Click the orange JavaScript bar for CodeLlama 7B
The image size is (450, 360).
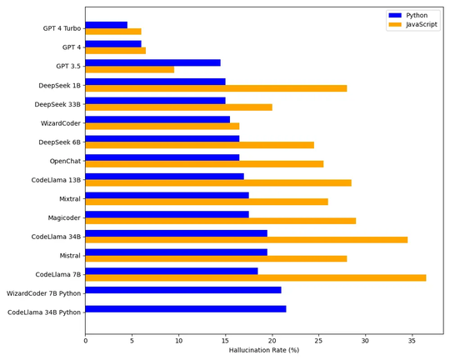click(x=255, y=277)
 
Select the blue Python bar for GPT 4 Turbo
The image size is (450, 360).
click(x=106, y=25)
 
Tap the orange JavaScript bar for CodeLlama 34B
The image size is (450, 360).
click(x=246, y=240)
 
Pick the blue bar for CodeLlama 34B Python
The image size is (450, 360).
click(x=185, y=309)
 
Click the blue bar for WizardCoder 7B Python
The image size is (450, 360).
click(x=182, y=290)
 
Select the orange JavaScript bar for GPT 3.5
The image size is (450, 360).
click(x=129, y=69)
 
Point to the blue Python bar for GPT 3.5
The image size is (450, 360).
click(x=152, y=62)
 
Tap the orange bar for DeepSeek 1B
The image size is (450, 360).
click(x=216, y=88)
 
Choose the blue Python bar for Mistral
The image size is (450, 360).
click(x=176, y=252)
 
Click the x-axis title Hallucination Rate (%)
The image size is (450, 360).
click(x=263, y=351)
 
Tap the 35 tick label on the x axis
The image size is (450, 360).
click(x=412, y=340)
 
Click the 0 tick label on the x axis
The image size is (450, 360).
click(x=85, y=340)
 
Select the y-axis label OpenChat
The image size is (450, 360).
click(x=65, y=161)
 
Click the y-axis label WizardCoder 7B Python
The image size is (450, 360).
click(x=43, y=293)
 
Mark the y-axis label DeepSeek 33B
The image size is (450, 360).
click(x=57, y=104)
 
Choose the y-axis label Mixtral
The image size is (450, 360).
click(x=70, y=199)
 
